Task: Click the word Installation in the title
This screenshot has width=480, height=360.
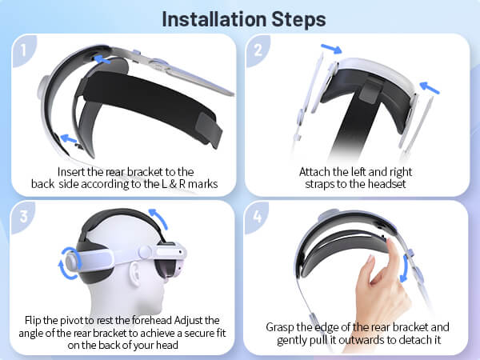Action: tap(214, 19)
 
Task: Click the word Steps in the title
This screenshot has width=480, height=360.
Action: tap(298, 20)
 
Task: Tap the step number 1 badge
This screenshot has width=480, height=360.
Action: tap(23, 50)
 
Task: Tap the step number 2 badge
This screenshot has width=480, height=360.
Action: tap(258, 50)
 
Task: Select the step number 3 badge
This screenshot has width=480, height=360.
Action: tap(23, 217)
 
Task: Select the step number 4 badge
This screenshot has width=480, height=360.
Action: tap(257, 217)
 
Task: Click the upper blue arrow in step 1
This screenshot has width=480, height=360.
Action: tap(102, 59)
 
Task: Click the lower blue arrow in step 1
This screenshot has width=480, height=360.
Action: tap(69, 139)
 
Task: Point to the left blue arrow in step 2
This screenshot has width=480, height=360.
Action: tap(331, 49)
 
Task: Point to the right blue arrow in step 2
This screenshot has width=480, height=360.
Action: tap(429, 87)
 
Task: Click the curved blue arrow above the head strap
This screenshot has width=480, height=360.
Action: tap(159, 217)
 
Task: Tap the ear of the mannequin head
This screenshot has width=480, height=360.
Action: tap(134, 274)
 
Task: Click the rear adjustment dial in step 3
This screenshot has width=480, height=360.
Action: tap(72, 262)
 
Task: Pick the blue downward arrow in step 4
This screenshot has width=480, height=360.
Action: tap(405, 269)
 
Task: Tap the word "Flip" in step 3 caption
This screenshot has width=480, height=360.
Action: tap(33, 320)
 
